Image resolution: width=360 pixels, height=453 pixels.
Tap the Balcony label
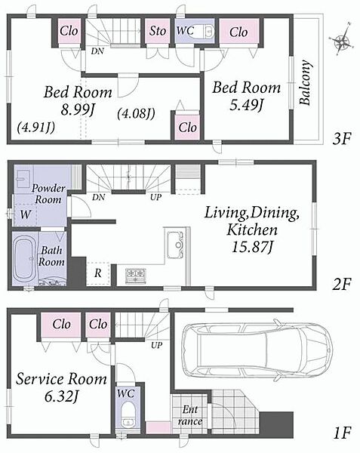click(x=306, y=82)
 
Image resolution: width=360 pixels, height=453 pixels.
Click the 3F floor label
click(x=342, y=140)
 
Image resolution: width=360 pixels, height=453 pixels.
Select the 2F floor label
click(x=342, y=285)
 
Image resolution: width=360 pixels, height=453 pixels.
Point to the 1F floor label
click(x=342, y=433)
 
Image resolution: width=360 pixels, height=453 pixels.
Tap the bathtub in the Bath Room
click(x=25, y=259)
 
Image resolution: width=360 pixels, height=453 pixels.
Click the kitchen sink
click(x=176, y=245)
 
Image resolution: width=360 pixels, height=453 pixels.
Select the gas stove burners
click(x=136, y=276)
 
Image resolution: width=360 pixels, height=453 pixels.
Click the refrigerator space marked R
click(x=98, y=273)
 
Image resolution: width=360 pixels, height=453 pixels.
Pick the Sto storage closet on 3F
click(x=157, y=31)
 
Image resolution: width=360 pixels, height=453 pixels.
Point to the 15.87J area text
click(x=252, y=248)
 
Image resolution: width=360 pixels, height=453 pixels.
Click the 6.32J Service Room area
click(x=61, y=396)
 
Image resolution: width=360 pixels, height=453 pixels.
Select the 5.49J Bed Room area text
click(x=246, y=105)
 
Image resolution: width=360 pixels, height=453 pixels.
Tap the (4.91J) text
click(x=35, y=127)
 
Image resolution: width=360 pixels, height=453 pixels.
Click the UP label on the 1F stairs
click(x=156, y=345)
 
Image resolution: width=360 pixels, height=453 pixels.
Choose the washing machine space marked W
click(x=26, y=214)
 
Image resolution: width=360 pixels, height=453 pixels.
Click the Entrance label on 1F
click(x=189, y=415)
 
